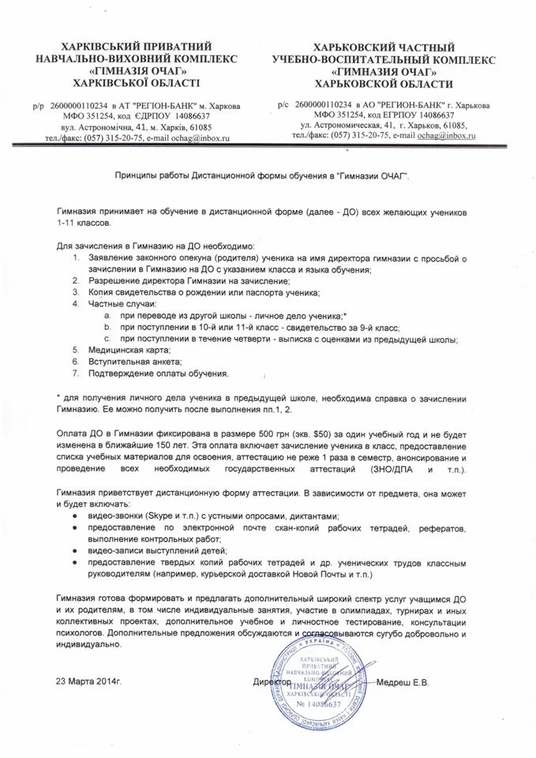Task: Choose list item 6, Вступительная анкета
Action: click(x=132, y=361)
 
